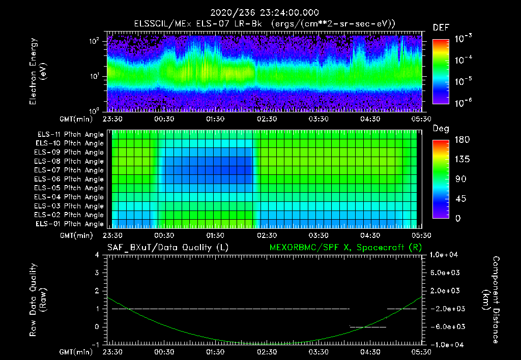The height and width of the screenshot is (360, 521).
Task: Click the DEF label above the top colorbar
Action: (x=441, y=27)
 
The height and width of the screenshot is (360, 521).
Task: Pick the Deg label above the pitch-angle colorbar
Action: (x=440, y=129)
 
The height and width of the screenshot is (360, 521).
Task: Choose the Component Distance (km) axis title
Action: (x=492, y=300)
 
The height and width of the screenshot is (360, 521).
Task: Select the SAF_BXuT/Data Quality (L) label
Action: (x=167, y=248)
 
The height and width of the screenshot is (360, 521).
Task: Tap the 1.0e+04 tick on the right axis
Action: (x=446, y=255)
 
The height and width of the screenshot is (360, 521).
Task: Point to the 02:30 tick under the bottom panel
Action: (x=266, y=352)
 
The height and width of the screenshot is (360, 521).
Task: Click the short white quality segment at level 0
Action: (x=368, y=327)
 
